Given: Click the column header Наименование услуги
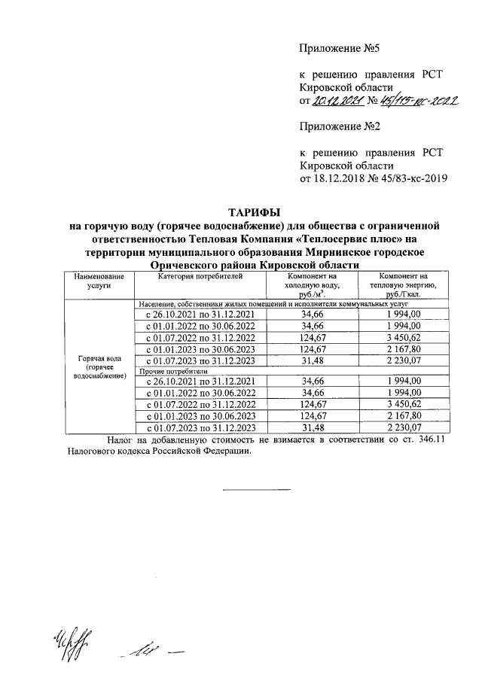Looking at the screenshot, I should (99, 282).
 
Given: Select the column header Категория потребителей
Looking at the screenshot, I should (200, 278).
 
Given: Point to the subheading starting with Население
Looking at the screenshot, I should (271, 303).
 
